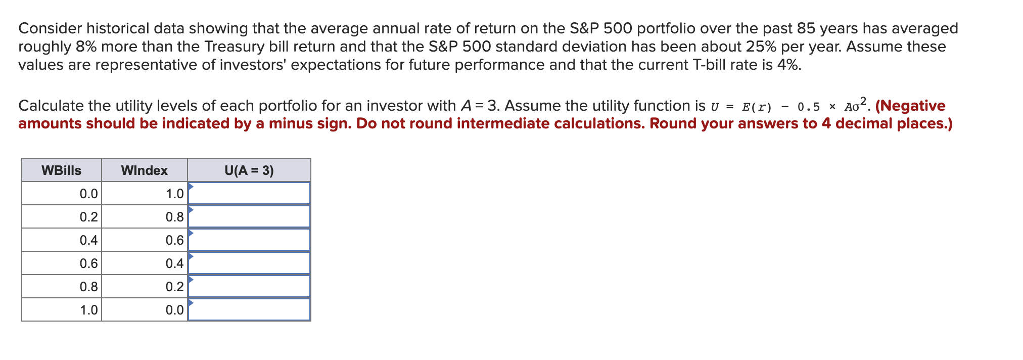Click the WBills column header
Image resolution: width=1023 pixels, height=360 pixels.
[62, 170]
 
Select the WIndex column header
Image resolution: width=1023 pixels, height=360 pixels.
[145, 170]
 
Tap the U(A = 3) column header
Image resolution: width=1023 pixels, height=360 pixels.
[249, 170]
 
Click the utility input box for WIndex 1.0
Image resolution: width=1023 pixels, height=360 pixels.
[249, 193]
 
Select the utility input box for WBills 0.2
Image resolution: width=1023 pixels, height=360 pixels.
[249, 216]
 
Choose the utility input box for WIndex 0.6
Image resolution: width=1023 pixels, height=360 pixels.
[249, 240]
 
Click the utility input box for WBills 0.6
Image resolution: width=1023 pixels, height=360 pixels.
[249, 263]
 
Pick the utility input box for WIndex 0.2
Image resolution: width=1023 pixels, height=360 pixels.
[249, 286]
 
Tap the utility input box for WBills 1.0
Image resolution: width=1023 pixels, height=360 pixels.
[249, 309]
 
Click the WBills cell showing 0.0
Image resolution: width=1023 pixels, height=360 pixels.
[62, 194]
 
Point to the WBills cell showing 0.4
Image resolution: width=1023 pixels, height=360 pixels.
[62, 240]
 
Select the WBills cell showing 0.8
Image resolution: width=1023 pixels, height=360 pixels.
[62, 287]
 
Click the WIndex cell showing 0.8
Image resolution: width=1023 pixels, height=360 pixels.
[145, 217]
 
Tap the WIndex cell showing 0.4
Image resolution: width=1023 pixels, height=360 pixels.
[145, 263]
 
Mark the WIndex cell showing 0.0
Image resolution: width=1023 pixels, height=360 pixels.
[145, 310]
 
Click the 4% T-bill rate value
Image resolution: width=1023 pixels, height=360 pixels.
[789, 65]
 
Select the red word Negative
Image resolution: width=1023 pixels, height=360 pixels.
[913, 106]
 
